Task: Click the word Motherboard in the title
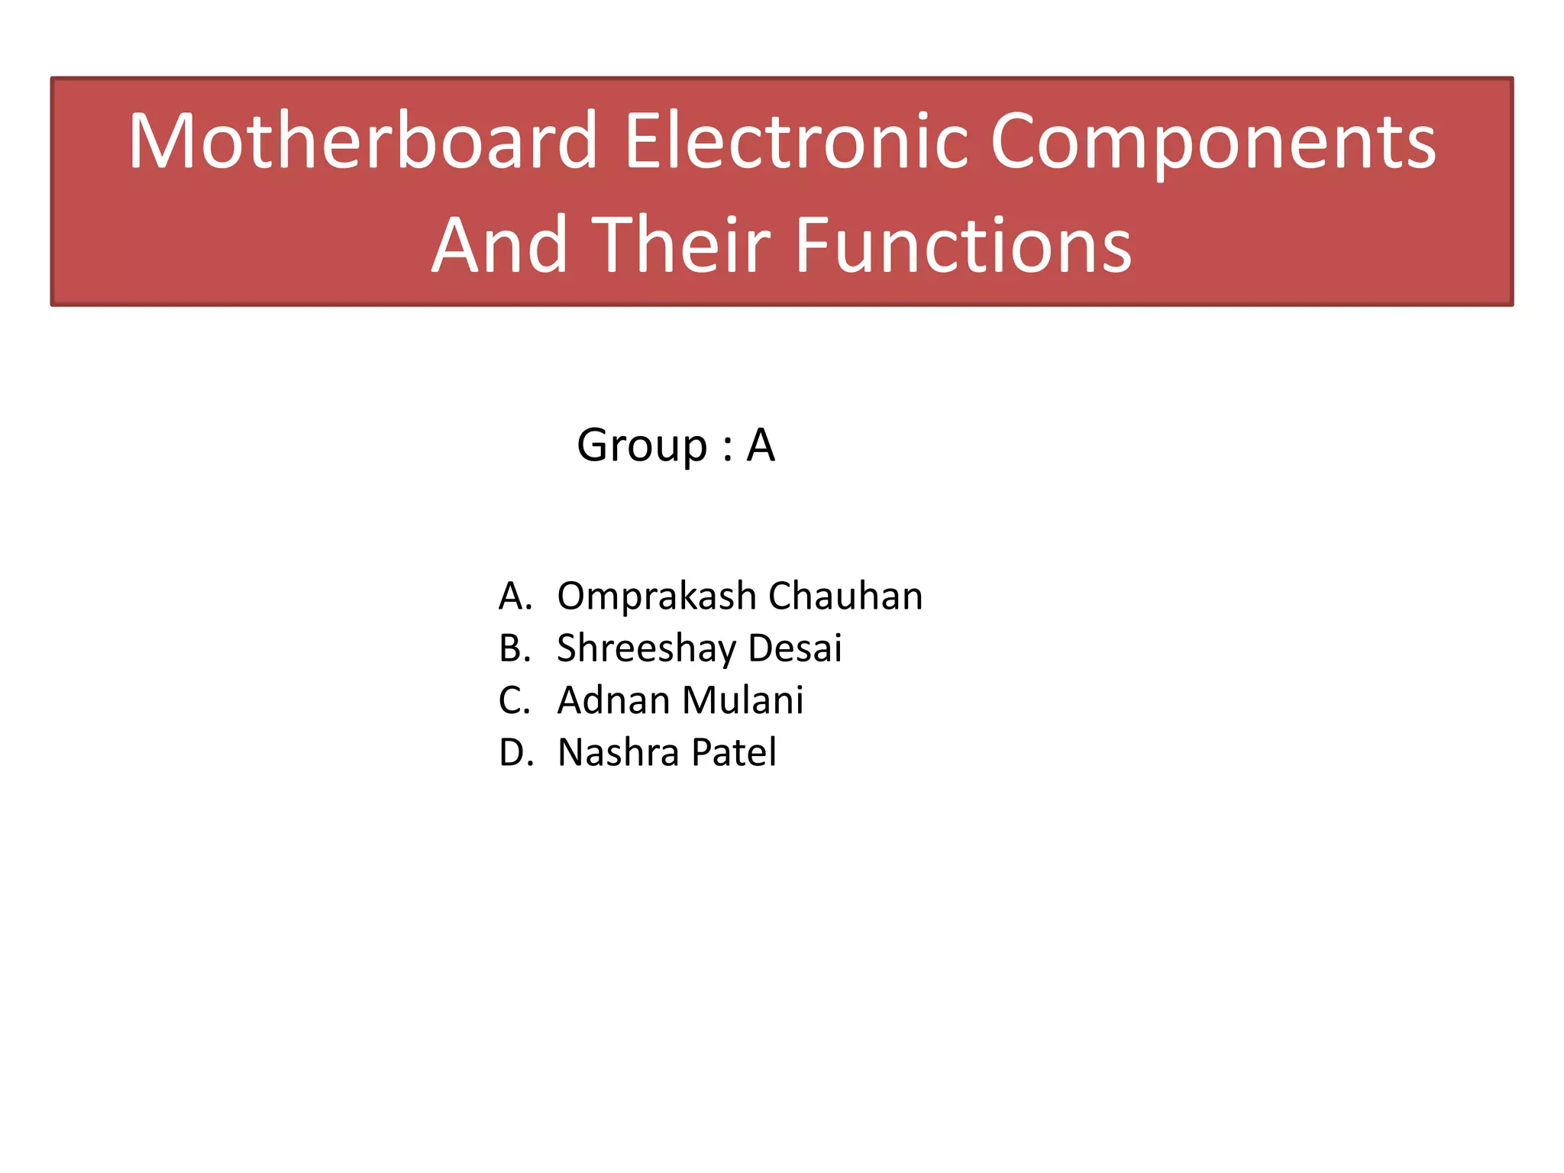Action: (x=363, y=141)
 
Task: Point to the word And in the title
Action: (x=499, y=245)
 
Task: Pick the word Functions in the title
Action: (x=963, y=245)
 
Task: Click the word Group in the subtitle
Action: (x=642, y=446)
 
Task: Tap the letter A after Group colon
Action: (x=761, y=444)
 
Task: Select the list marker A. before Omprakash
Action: (x=515, y=596)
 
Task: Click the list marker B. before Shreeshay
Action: (x=515, y=648)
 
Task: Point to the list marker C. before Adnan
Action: (x=514, y=700)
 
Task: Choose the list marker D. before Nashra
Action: (x=515, y=753)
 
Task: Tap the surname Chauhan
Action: (x=845, y=596)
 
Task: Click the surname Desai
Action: (x=794, y=648)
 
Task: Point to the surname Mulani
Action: (x=742, y=700)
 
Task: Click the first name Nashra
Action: (x=618, y=753)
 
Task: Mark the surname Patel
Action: (x=734, y=753)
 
